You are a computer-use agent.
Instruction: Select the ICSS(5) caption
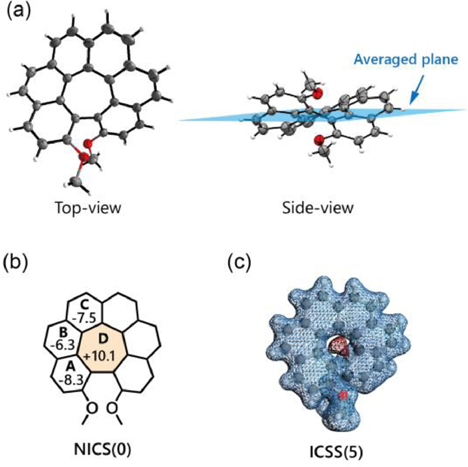324,448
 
